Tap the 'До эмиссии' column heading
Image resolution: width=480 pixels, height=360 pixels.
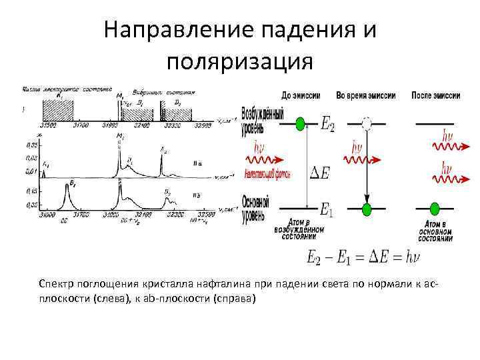pos(301,95)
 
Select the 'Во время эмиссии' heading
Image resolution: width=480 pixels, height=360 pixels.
pos(365,95)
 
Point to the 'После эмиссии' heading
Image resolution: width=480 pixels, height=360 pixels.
pos(436,95)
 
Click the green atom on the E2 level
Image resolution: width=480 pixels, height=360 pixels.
pos(301,123)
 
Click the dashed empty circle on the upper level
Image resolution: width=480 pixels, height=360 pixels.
pos(366,123)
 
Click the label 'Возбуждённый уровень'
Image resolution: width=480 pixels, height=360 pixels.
pos(257,120)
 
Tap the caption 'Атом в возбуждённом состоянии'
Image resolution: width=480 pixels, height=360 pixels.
pos(303,230)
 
